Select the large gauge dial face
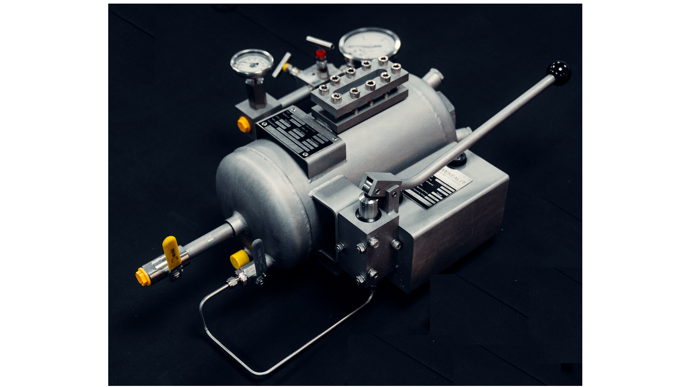pos(369,44)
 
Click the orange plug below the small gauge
pos(243,125)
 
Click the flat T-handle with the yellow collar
pos(281,64)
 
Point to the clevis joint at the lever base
pos(380,185)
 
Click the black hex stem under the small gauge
pos(255,91)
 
